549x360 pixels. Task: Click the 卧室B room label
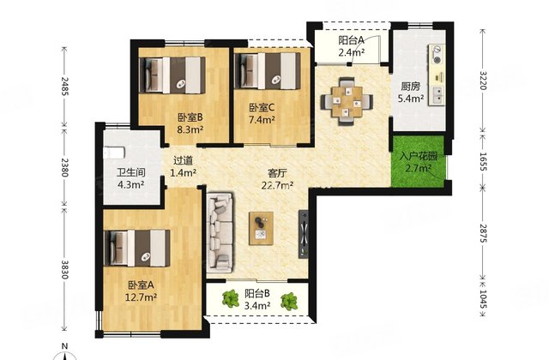click(x=190, y=117)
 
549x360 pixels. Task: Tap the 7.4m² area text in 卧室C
click(x=262, y=120)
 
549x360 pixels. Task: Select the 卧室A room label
click(x=141, y=285)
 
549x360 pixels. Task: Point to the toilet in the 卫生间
click(x=114, y=153)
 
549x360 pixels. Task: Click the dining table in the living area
click(x=347, y=101)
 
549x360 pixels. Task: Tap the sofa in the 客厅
click(x=220, y=232)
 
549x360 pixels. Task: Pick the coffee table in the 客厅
click(x=261, y=228)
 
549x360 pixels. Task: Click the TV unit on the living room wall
click(x=303, y=234)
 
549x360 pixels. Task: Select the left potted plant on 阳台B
click(x=231, y=299)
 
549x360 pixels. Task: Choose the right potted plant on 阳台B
click(x=289, y=301)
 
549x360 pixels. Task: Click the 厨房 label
click(x=411, y=87)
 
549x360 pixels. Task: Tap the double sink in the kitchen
click(x=437, y=95)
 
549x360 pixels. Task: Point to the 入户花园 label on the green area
click(x=419, y=156)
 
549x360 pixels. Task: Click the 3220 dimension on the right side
click(x=483, y=81)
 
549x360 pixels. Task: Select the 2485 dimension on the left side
click(x=65, y=86)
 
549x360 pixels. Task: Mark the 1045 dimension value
click(x=483, y=298)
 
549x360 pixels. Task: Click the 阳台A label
click(x=351, y=40)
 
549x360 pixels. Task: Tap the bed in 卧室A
click(x=137, y=248)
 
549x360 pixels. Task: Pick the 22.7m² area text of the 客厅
click(x=277, y=185)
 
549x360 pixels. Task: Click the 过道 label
click(x=183, y=160)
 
